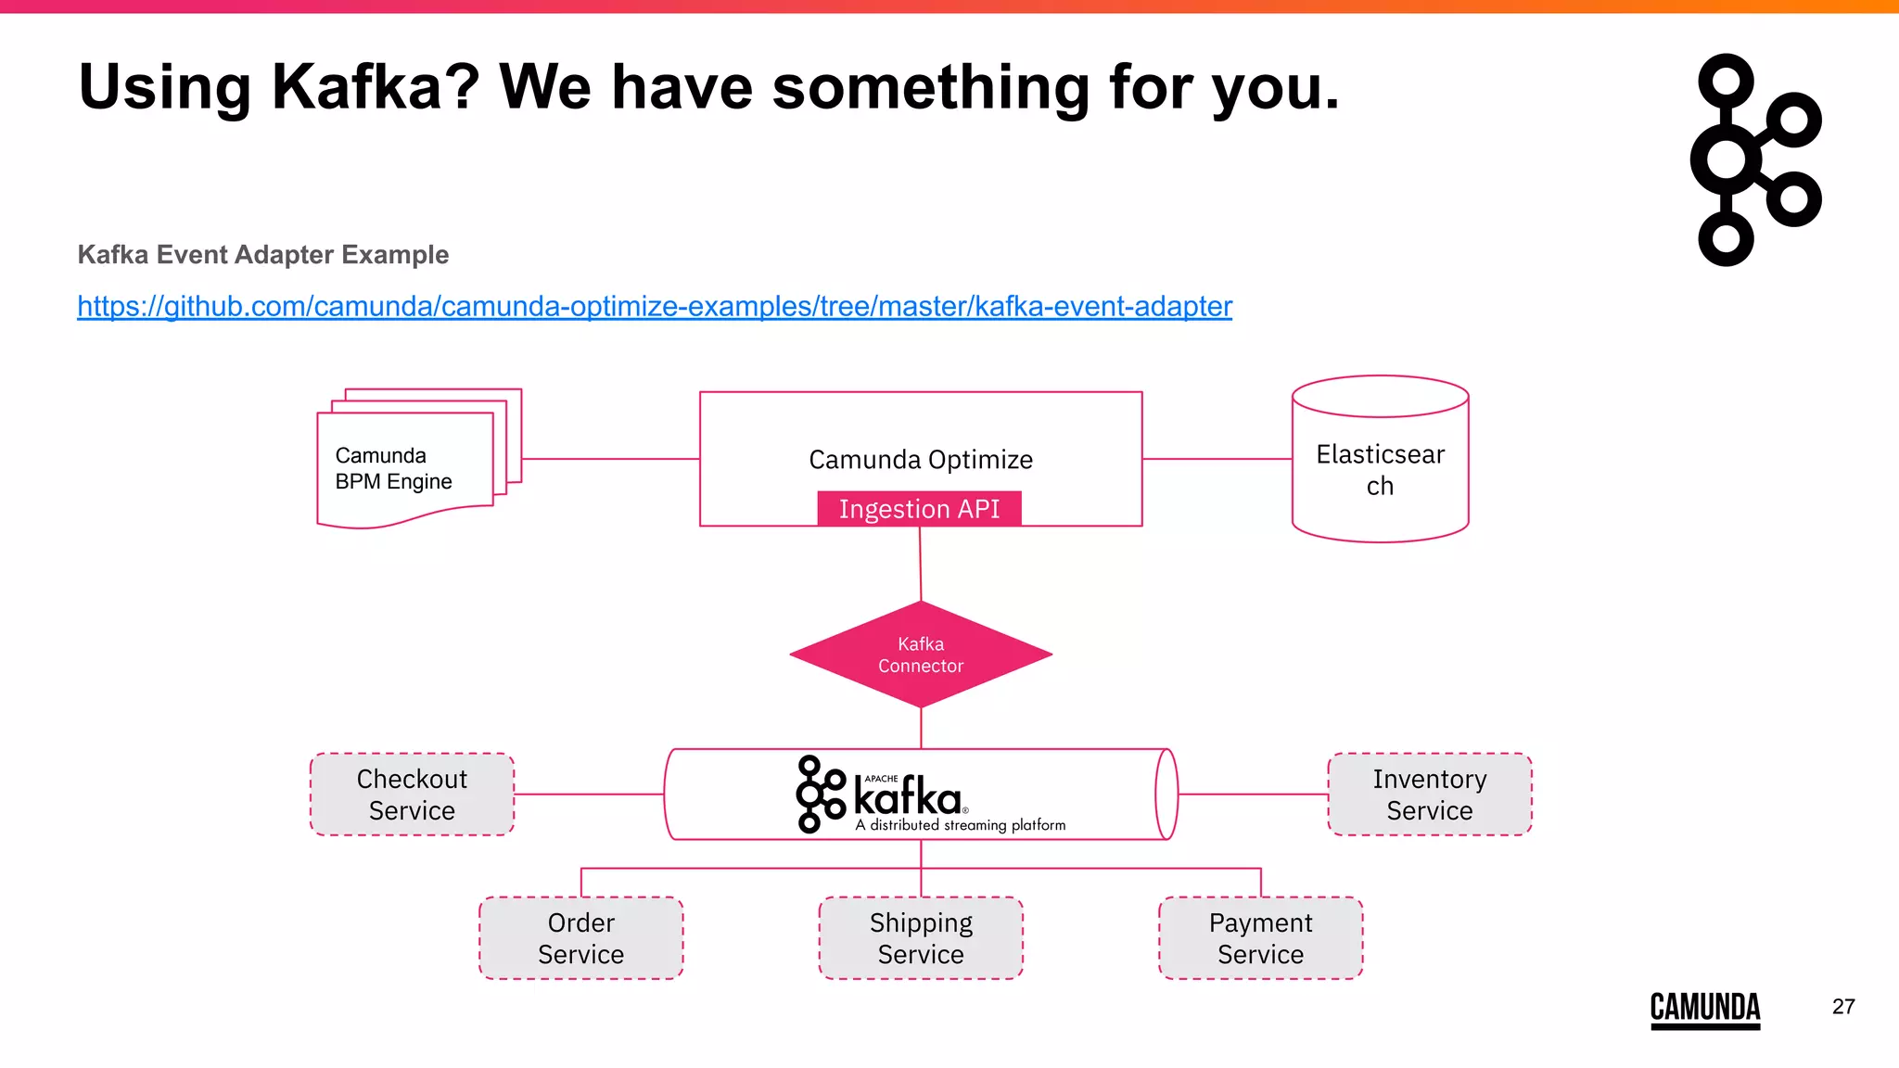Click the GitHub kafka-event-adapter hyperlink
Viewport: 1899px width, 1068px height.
(x=655, y=306)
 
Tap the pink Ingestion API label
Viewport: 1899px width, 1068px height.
(x=919, y=509)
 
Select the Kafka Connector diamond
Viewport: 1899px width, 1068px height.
(x=921, y=655)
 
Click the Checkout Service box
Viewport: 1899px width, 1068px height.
(x=412, y=795)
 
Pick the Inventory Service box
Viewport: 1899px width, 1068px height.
(x=1429, y=795)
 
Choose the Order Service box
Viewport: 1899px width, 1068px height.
(x=581, y=938)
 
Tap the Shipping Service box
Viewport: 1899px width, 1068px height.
(x=921, y=938)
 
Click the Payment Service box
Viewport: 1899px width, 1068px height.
(x=1260, y=938)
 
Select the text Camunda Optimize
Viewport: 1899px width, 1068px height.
(x=920, y=459)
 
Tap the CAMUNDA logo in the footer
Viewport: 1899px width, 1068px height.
(x=1704, y=1008)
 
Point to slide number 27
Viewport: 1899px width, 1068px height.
(x=1843, y=1007)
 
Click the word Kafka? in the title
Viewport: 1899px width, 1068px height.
(x=375, y=87)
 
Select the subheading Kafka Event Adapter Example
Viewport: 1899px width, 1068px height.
(x=263, y=254)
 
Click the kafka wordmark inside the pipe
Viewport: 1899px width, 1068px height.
(x=907, y=797)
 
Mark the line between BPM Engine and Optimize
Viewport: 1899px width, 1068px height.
(x=610, y=458)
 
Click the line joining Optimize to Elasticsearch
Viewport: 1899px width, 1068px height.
(x=1217, y=458)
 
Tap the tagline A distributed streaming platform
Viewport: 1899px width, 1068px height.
(x=961, y=825)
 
